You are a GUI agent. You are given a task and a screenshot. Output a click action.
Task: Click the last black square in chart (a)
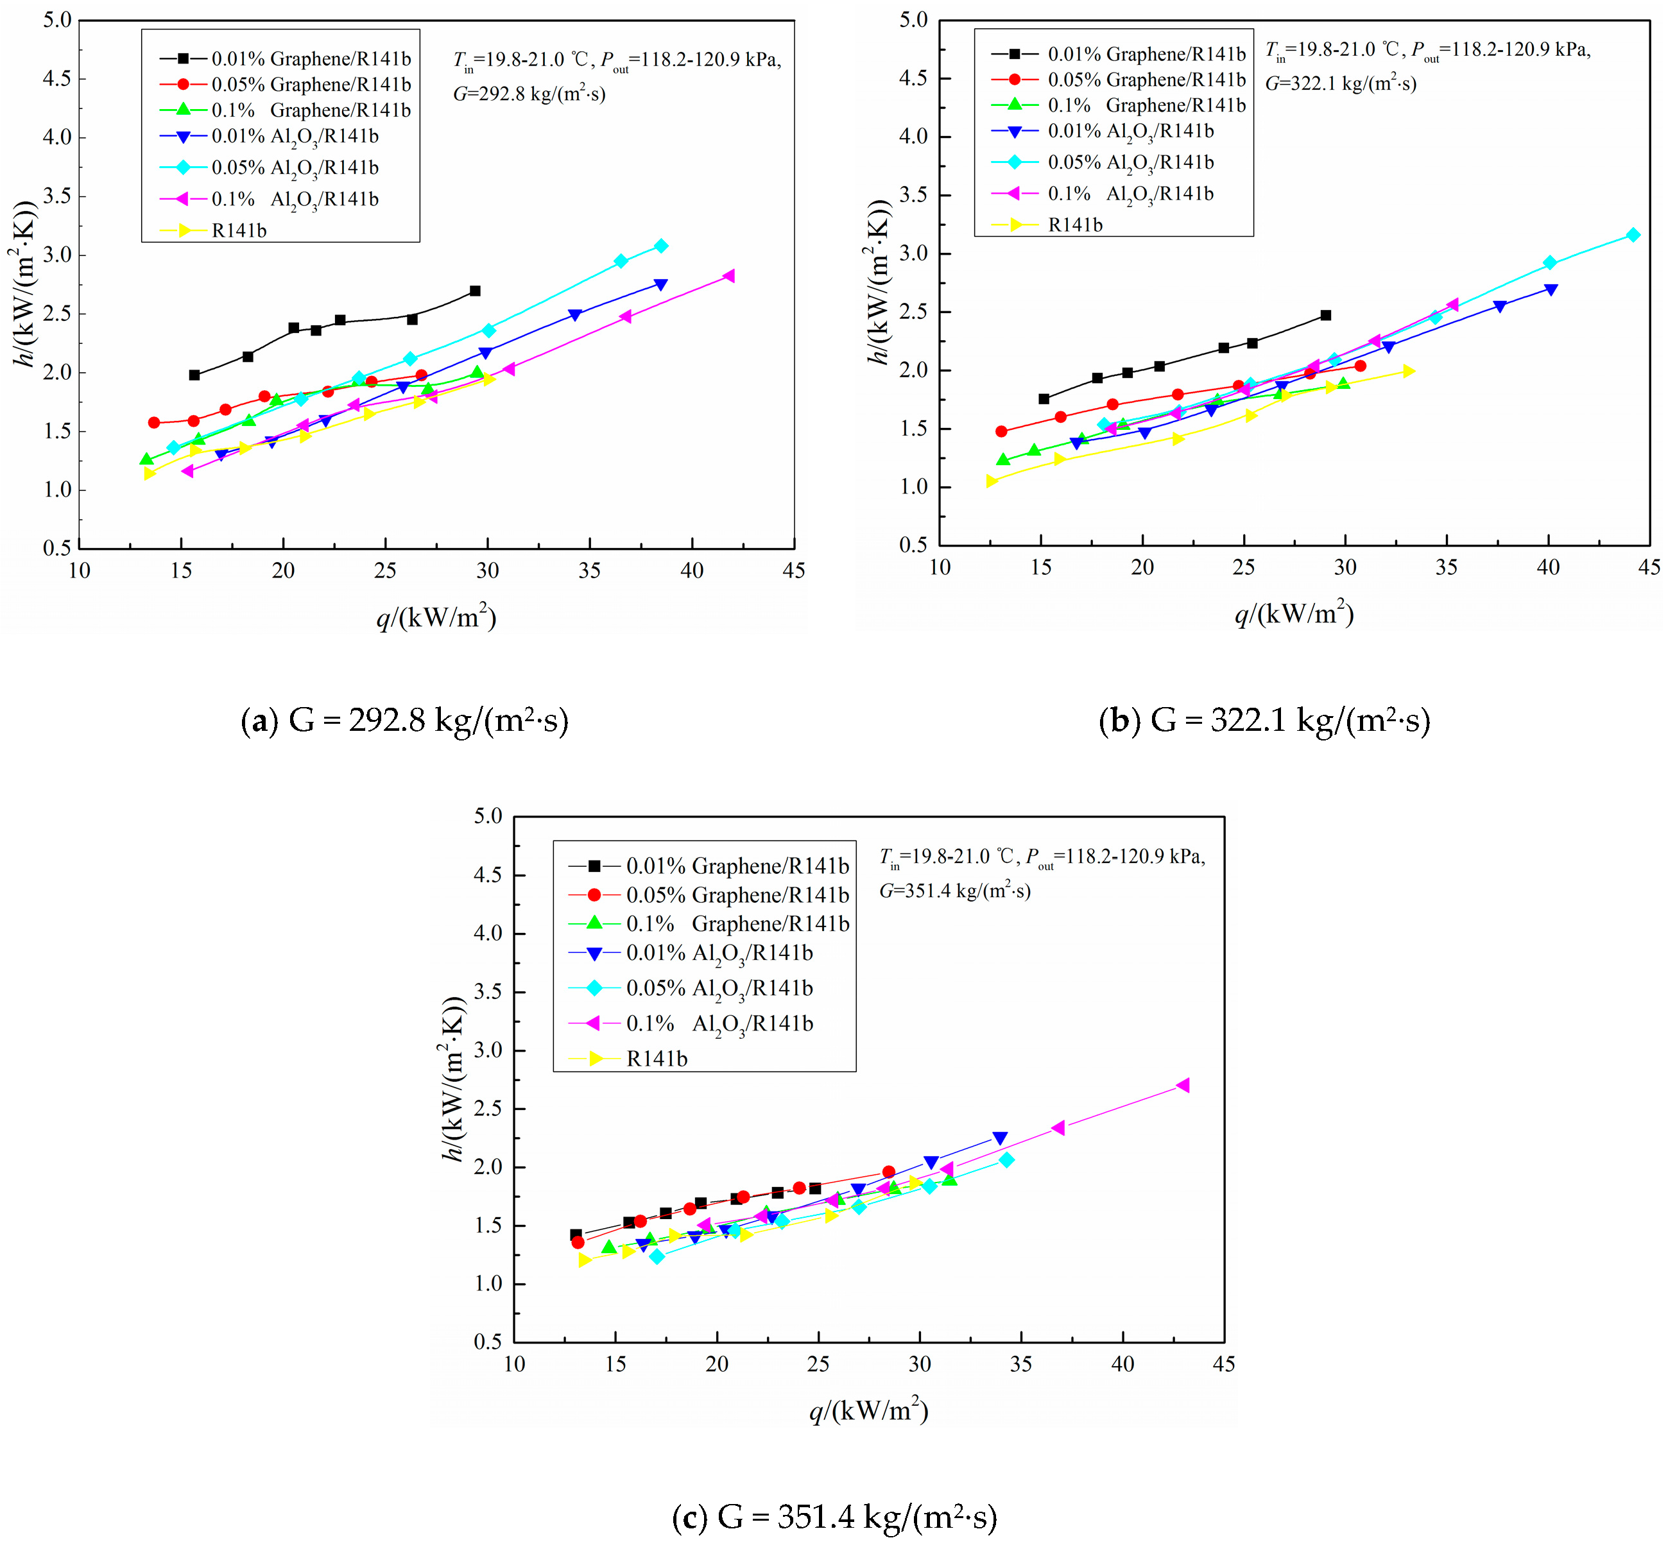tap(475, 291)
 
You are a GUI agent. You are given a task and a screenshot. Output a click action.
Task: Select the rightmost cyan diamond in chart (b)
tap(1633, 235)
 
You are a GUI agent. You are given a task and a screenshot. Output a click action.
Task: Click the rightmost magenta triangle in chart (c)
tap(1182, 1086)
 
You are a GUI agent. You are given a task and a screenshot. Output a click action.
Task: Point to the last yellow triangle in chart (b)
tap(1409, 371)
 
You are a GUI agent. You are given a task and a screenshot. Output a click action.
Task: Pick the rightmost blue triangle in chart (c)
tap(999, 1138)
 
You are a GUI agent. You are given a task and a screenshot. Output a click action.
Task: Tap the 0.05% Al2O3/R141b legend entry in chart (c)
tap(718, 989)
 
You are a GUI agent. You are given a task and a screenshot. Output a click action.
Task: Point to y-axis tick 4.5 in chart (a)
tap(58, 79)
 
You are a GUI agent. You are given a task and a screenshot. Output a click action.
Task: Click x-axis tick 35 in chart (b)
tap(1446, 568)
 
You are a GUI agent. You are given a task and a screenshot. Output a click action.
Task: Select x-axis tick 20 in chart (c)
tap(717, 1365)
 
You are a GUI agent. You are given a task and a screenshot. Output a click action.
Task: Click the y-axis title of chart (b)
tap(877, 282)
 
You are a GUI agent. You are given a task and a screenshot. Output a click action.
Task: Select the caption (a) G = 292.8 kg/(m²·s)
tap(404, 721)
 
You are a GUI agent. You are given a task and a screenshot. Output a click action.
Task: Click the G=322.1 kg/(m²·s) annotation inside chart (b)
tap(1340, 83)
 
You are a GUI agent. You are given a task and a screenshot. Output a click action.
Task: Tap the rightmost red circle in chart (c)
tap(888, 1172)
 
